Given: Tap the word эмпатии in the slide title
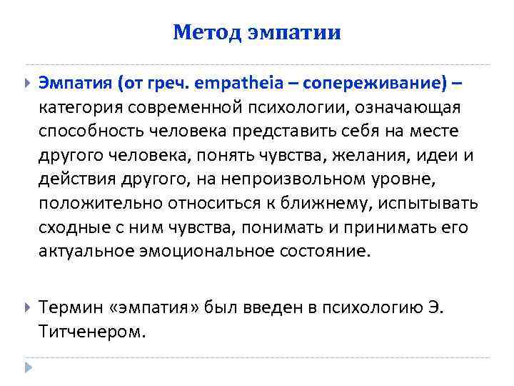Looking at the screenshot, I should pyautogui.click(x=295, y=33).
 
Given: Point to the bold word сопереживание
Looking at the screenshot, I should pyautogui.click(x=376, y=84).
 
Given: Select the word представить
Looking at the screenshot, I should pyautogui.click(x=278, y=132).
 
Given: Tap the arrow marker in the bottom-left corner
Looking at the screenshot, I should pyautogui.click(x=28, y=369).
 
